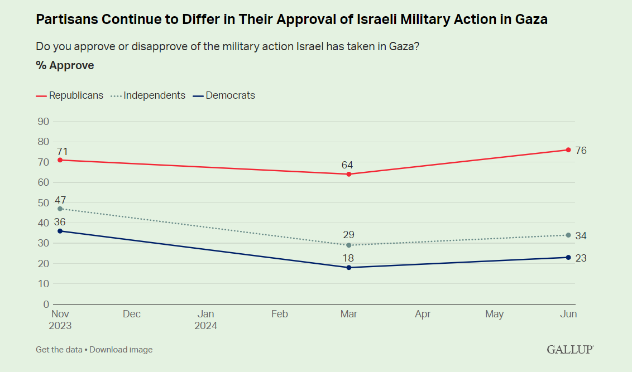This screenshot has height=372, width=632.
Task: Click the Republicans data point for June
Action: click(568, 149)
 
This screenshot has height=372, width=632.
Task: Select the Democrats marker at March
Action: click(349, 268)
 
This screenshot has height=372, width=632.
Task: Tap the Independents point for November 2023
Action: click(60, 209)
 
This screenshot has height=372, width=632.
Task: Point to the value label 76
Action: click(581, 151)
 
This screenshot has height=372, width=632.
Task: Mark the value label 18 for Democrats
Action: click(348, 258)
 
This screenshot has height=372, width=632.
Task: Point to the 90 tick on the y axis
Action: click(43, 122)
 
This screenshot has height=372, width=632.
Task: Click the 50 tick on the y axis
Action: click(43, 202)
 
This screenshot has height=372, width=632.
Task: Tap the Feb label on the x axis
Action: click(279, 315)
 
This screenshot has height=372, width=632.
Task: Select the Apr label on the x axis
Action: click(423, 315)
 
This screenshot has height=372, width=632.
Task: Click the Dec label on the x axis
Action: click(132, 315)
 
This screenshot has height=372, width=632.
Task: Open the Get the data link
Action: click(59, 350)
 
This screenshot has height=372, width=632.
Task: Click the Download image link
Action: click(121, 350)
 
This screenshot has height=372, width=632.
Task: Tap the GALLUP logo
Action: click(570, 350)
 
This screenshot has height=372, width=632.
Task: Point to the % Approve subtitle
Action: click(65, 65)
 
